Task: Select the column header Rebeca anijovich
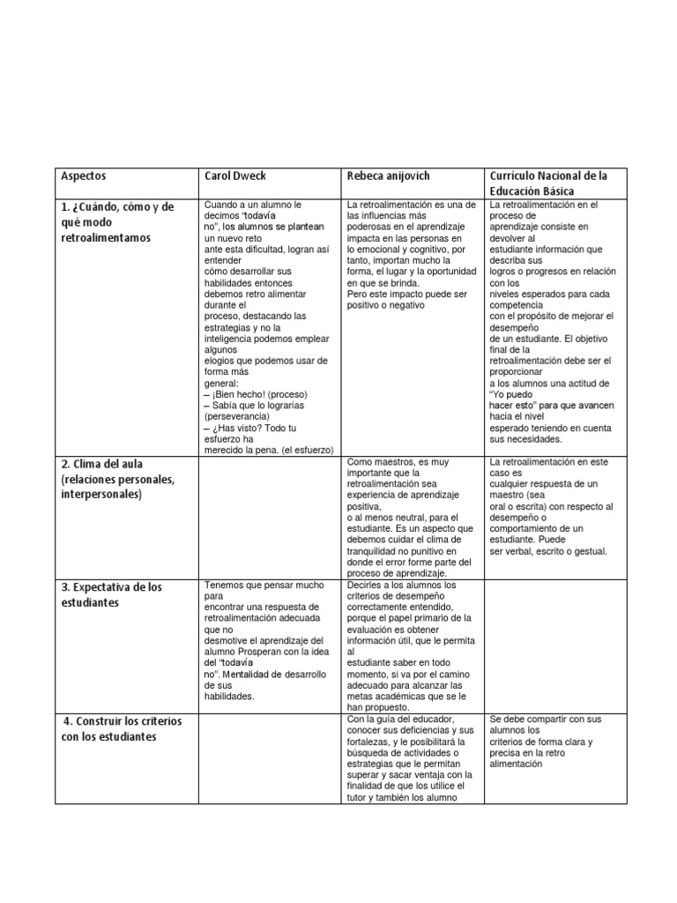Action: point(386,176)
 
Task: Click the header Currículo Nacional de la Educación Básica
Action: point(547,183)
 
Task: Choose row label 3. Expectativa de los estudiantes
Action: point(111,594)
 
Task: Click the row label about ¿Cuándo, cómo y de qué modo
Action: point(117,221)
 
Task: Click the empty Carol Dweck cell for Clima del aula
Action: point(271,515)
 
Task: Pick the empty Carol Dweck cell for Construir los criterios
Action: point(271,759)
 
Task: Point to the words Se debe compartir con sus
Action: point(545,719)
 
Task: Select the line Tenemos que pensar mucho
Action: point(264,585)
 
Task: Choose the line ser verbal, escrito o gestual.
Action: point(548,550)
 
